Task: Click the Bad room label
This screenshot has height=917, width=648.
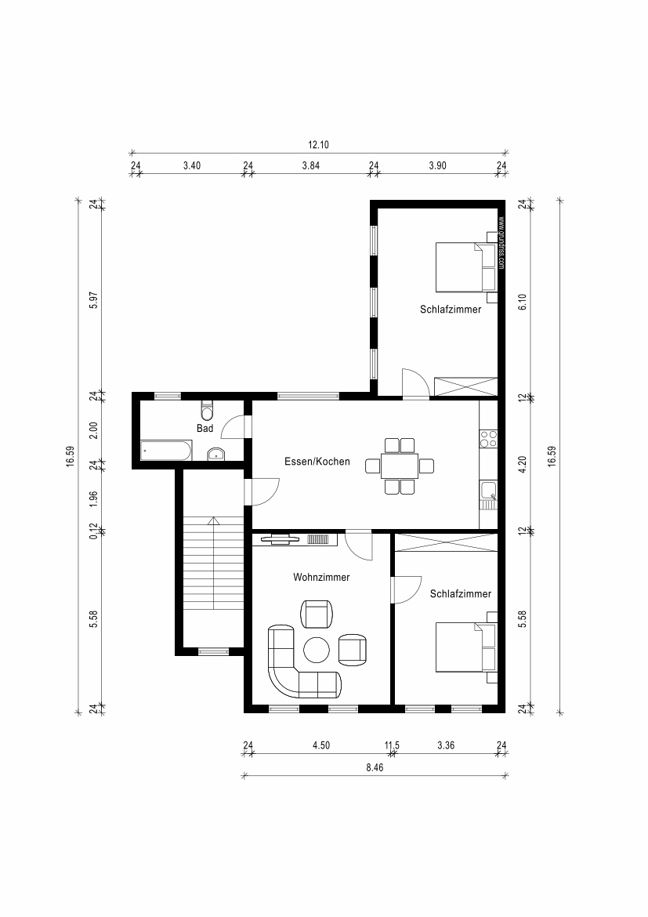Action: click(205, 429)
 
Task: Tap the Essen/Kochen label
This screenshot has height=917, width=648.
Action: click(317, 462)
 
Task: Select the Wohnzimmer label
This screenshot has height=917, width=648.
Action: click(321, 577)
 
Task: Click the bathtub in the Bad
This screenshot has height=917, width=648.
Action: click(166, 451)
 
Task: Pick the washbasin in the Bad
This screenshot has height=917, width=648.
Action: click(216, 454)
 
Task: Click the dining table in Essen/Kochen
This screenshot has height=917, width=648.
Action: click(400, 466)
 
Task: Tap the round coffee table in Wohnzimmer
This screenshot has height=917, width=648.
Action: click(317, 650)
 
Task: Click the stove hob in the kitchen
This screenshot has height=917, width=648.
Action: click(488, 439)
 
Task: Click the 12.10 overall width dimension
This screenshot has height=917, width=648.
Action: click(319, 145)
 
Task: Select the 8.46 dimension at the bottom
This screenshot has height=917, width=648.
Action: click(375, 768)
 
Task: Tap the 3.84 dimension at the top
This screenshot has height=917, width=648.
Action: click(311, 165)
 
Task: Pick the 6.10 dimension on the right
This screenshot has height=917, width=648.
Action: click(523, 301)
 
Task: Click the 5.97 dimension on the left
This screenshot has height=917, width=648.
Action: click(93, 301)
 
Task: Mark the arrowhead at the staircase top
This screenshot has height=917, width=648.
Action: click(214, 520)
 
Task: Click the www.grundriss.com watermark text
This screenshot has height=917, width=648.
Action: click(501, 243)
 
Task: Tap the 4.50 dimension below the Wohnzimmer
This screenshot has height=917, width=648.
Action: click(321, 745)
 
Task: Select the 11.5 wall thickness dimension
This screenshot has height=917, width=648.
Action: click(392, 745)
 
